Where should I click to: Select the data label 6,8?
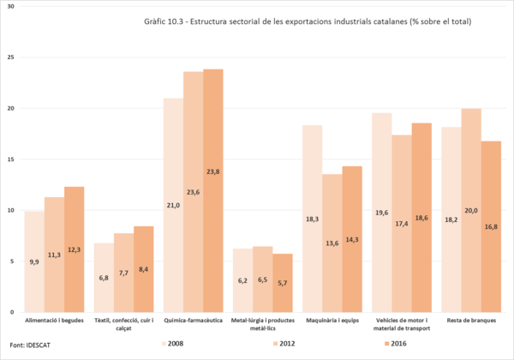point(103,278)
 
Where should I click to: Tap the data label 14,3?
point(353,240)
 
